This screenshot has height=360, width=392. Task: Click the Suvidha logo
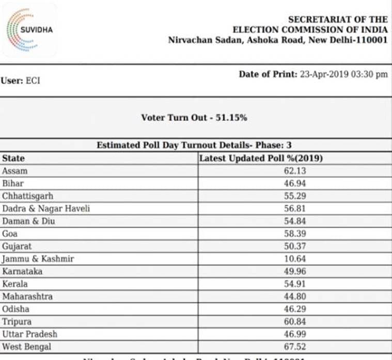pos(30,30)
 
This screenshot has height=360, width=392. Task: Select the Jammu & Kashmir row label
pos(37,259)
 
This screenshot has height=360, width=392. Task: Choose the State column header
pos(13,158)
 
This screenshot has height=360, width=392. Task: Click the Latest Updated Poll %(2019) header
pos(261,158)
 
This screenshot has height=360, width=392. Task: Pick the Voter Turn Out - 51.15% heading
pos(194,118)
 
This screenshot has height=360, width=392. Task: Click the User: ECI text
pos(21,81)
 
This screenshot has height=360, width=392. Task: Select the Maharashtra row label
pos(27,296)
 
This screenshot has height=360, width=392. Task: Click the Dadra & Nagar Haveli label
pos(46,209)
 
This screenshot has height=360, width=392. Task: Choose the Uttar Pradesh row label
pos(29,334)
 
